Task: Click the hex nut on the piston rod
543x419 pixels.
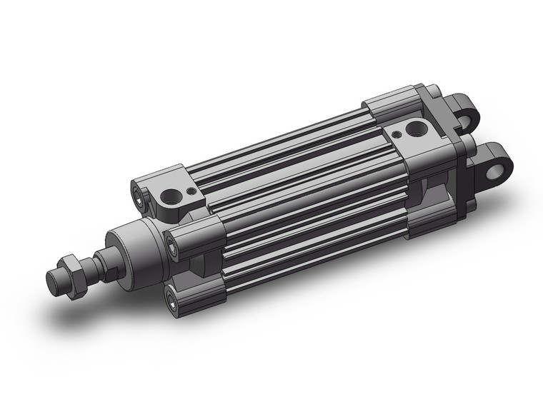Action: (74, 267)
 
